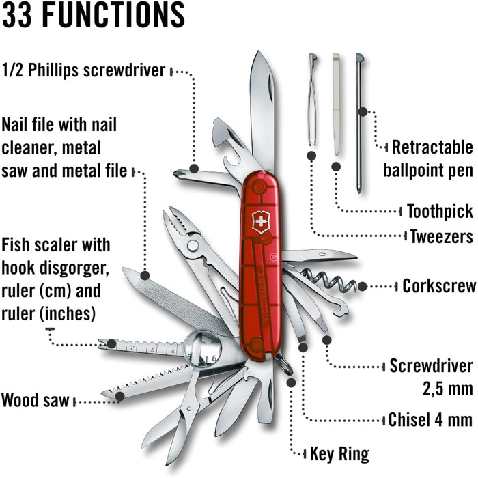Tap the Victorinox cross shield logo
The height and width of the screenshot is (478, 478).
261,222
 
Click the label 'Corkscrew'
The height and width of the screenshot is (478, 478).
438,285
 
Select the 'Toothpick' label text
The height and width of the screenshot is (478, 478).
440,210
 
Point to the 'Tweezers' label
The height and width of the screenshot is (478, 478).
441,236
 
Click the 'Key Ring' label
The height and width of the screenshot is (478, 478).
339,453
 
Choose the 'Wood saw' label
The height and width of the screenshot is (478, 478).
36,400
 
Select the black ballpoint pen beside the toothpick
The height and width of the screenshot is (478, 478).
360,123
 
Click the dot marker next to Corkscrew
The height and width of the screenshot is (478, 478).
363,287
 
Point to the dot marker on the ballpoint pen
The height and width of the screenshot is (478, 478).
363,111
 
